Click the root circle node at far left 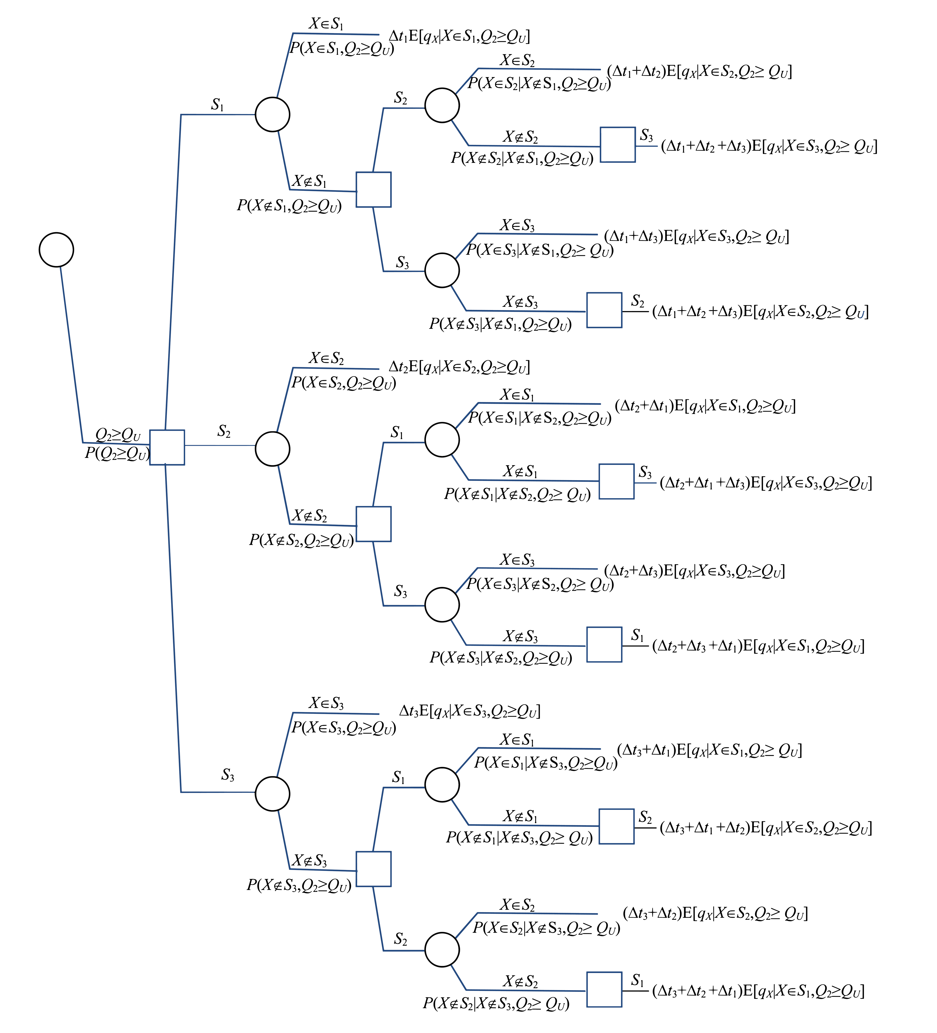click(56, 249)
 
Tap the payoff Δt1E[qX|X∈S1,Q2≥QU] click(459, 36)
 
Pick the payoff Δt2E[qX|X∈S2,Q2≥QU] click(459, 367)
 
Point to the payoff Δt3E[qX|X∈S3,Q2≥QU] click(469, 711)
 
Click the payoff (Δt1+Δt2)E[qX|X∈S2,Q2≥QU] click(699, 72)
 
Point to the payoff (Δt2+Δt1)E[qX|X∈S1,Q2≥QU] click(705, 406)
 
